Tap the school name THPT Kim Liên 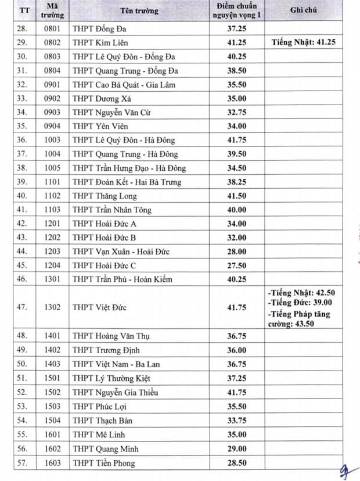pos(100,43)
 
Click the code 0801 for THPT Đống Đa pos(53,29)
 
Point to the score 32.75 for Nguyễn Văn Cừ pos(236,113)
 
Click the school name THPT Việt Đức pos(99,307)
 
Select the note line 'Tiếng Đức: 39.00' pos(300,302)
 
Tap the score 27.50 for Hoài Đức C pos(236,265)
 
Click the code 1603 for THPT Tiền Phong pos(53,463)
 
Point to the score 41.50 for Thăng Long pos(236,196)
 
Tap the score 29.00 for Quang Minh pos(236,449)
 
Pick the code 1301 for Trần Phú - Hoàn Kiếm pos(53,279)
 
